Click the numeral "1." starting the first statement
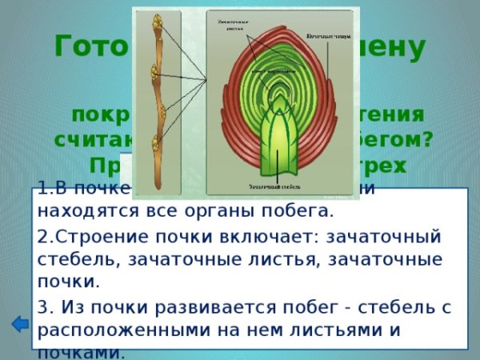coord(44,194)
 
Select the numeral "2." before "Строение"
coord(45,238)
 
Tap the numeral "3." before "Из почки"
coord(45,306)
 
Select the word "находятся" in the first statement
coord(80,212)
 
